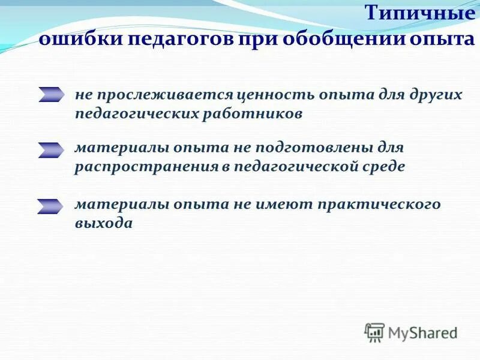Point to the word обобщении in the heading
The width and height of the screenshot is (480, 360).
[335, 41]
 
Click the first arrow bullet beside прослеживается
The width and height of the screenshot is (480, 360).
[51, 94]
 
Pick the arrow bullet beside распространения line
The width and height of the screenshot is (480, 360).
[51, 150]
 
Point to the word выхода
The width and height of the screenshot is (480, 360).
[103, 223]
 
